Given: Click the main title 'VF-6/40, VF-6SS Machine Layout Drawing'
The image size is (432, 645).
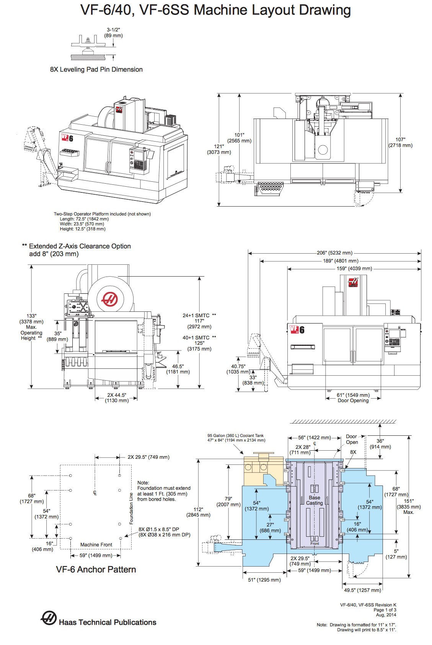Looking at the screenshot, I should (x=215, y=10).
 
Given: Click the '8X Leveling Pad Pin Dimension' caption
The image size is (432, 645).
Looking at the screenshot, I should (x=96, y=70).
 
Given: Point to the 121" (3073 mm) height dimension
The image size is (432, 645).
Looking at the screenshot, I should (x=219, y=149).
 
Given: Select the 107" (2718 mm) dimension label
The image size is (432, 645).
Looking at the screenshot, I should (x=400, y=142).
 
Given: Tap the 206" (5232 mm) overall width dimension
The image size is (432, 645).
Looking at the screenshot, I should (x=334, y=253).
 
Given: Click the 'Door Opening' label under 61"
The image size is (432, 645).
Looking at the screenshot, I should (x=353, y=401).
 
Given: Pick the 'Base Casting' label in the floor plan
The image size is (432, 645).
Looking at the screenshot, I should (x=314, y=500).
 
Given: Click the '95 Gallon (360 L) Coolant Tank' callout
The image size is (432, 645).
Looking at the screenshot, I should (x=235, y=436).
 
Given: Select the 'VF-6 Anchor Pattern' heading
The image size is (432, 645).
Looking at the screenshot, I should (x=96, y=570).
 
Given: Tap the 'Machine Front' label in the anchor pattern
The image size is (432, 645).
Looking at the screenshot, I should (x=96, y=545).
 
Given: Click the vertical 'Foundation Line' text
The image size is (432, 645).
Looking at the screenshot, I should (x=131, y=508).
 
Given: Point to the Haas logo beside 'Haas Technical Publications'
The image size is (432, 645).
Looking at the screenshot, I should (x=49, y=618).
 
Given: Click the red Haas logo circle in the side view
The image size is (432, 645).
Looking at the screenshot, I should (x=110, y=299).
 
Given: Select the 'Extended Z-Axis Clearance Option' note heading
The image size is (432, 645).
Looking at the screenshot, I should (x=80, y=246).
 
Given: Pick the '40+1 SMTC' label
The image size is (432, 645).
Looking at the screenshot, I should (x=196, y=338).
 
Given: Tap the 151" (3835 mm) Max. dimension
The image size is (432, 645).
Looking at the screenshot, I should (x=409, y=507).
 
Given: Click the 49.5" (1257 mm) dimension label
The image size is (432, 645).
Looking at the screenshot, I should (x=362, y=590).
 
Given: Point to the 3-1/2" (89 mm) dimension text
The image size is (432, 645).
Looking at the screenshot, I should (x=113, y=33).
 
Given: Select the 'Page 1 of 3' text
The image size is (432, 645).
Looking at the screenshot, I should (x=385, y=610).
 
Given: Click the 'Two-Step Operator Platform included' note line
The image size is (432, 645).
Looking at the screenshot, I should (x=102, y=214).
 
